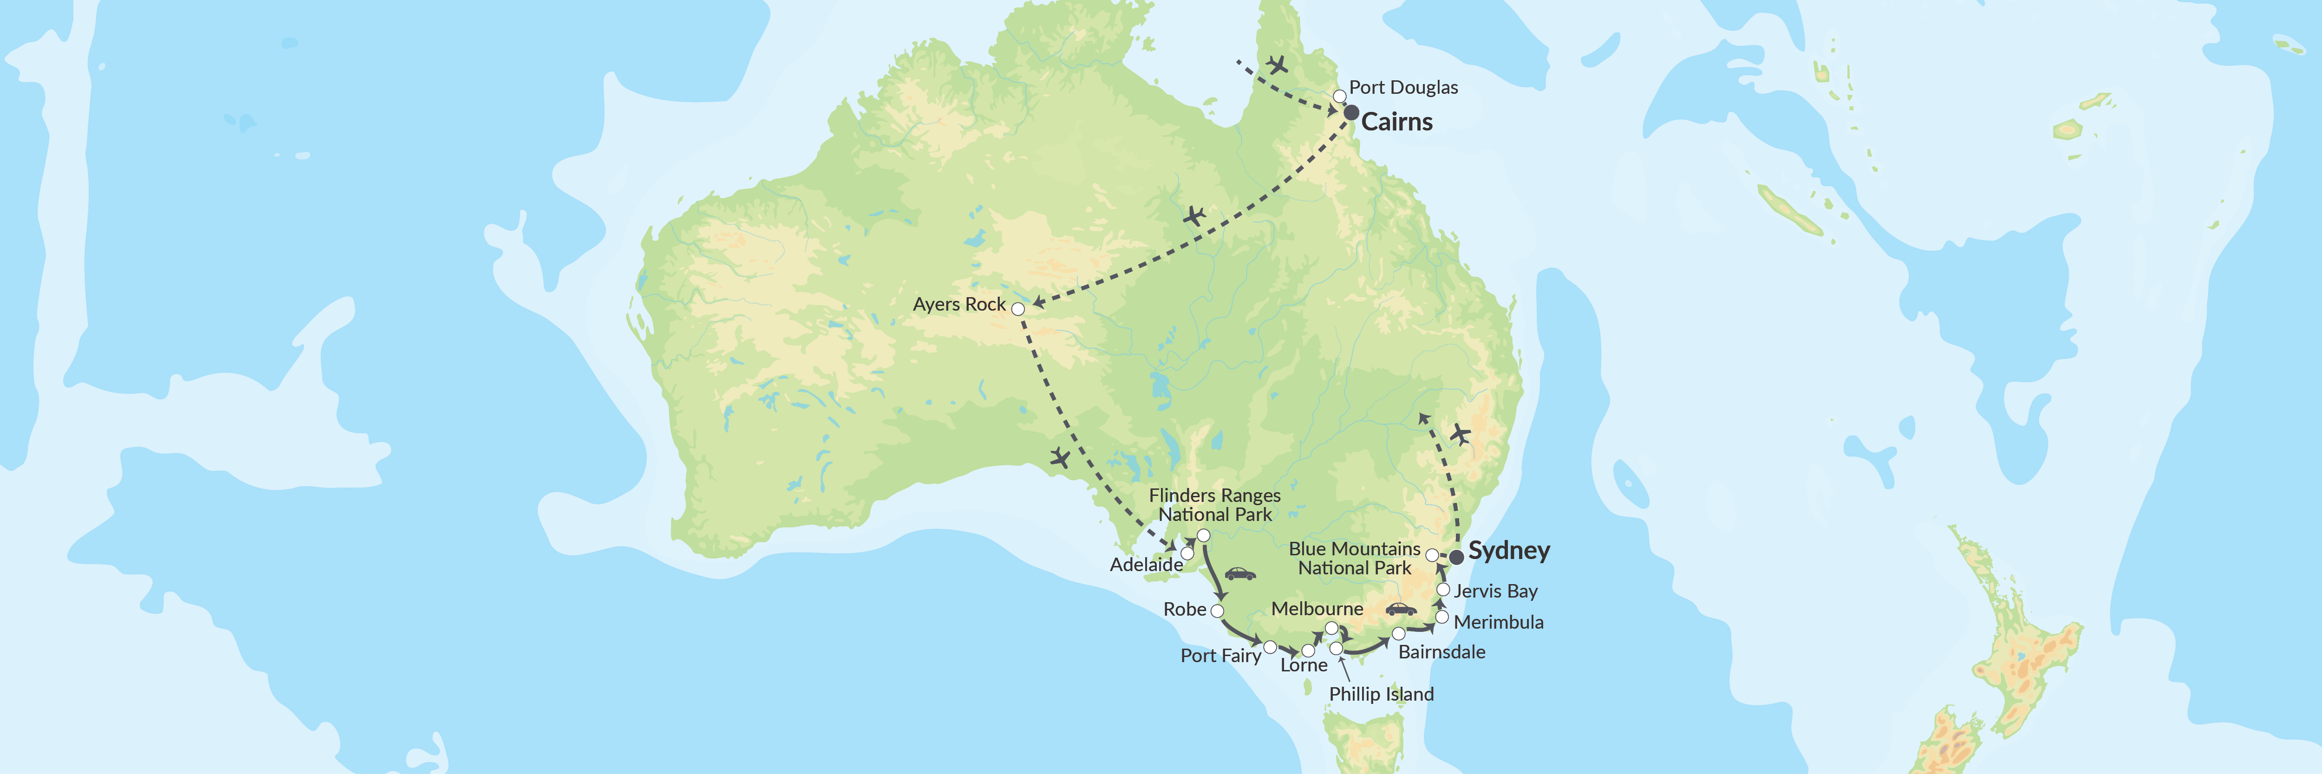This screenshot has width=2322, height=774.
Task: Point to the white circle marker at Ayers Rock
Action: pyautogui.click(x=1018, y=309)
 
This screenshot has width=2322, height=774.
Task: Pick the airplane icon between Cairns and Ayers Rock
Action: pyautogui.click(x=1194, y=216)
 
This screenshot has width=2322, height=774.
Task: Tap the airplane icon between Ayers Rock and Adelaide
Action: pyautogui.click(x=1060, y=459)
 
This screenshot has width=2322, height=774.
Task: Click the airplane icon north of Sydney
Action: pyautogui.click(x=1459, y=435)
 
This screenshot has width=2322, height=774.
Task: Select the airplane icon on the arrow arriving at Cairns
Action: pyautogui.click(x=1276, y=65)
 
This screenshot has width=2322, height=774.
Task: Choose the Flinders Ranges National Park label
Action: pyautogui.click(x=1214, y=505)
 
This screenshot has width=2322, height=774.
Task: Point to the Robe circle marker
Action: pyautogui.click(x=1217, y=611)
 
